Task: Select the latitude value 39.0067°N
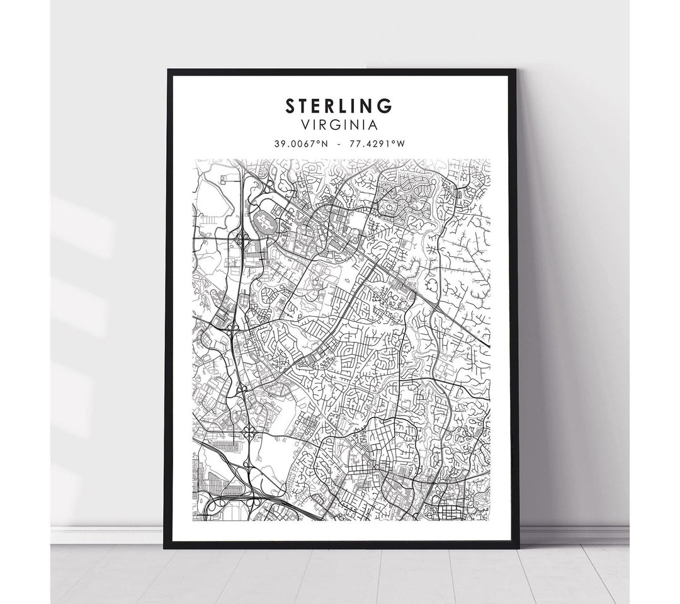(302, 144)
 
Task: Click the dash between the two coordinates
(340, 144)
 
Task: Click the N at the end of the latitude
(326, 144)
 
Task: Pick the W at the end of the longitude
(402, 144)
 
